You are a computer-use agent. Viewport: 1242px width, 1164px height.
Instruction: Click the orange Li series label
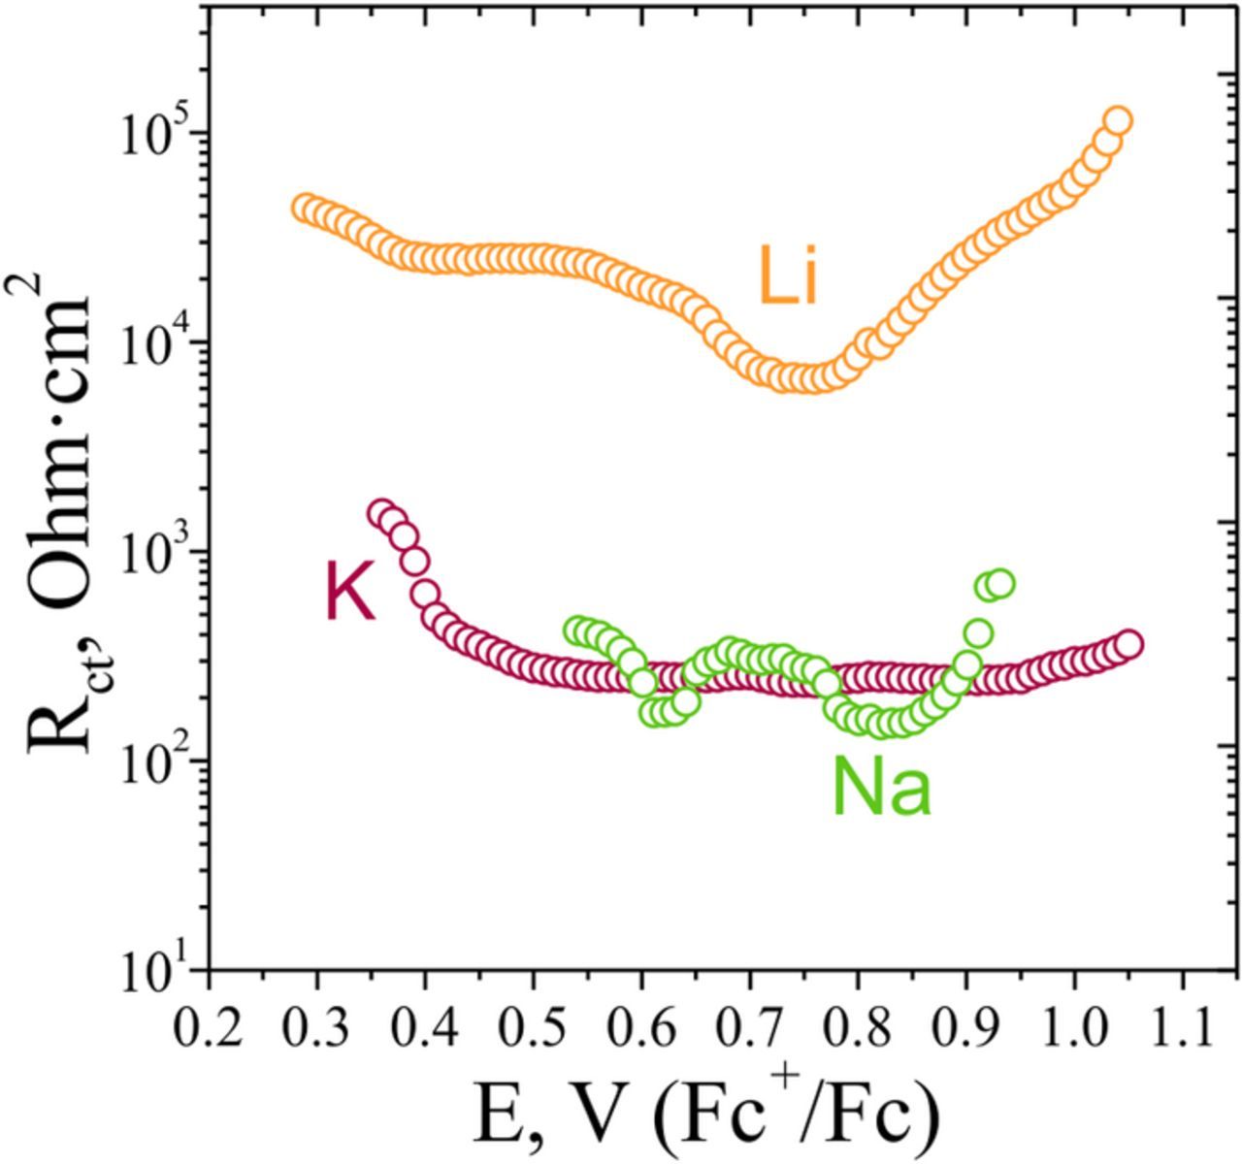point(789,276)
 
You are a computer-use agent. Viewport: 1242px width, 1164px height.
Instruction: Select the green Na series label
point(881,789)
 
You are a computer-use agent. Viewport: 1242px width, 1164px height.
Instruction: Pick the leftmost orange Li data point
point(305,208)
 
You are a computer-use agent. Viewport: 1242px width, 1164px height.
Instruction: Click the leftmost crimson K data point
point(381,513)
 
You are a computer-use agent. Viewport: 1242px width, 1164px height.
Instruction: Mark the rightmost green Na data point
point(1000,583)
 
